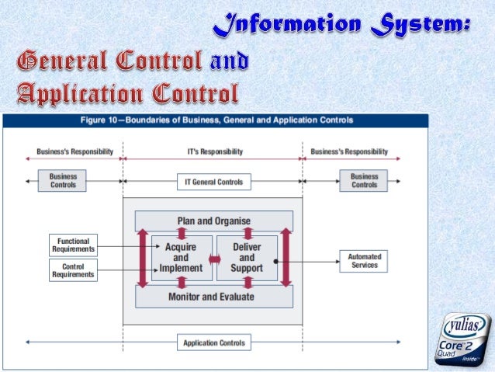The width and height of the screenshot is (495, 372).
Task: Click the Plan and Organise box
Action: click(x=213, y=221)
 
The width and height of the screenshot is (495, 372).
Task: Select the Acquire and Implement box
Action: click(x=181, y=258)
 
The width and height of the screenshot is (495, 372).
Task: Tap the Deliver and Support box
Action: click(x=247, y=258)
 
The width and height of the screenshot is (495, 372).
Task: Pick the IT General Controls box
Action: click(x=213, y=183)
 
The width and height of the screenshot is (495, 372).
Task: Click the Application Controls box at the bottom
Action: click(x=213, y=342)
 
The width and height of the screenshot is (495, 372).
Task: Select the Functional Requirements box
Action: click(x=74, y=245)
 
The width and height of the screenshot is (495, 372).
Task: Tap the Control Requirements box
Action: click(x=74, y=269)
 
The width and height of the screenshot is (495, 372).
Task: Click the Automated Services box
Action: click(x=364, y=261)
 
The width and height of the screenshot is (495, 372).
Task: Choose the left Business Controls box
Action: click(x=63, y=181)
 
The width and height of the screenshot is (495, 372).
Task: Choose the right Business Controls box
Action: click(x=364, y=181)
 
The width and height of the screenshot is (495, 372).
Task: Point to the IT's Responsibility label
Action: click(x=213, y=151)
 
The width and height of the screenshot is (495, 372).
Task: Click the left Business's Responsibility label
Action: click(x=75, y=151)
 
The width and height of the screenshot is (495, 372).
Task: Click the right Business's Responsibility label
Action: click(x=349, y=151)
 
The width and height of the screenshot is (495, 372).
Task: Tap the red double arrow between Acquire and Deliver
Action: click(x=213, y=258)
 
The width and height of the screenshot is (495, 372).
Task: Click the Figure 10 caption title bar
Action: click(x=217, y=120)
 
